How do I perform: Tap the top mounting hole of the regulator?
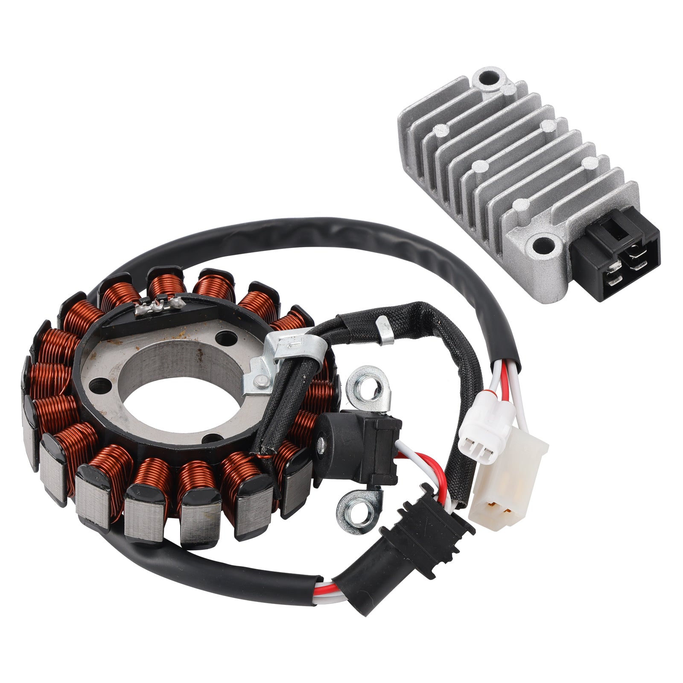[486, 78]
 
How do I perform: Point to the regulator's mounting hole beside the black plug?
[543, 244]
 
